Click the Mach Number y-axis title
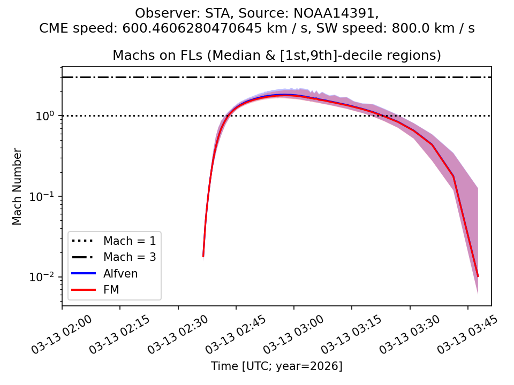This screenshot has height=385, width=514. click(x=18, y=186)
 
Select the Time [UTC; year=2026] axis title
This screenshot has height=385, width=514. click(x=276, y=366)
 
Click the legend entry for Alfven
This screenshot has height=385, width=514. click(x=120, y=274)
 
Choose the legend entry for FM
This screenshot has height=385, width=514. click(x=111, y=290)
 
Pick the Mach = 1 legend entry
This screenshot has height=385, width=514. click(x=130, y=241)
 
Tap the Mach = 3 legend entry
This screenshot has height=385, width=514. click(x=130, y=257)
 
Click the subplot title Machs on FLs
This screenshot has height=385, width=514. click(x=276, y=56)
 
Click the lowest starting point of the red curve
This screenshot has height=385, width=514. click(x=203, y=256)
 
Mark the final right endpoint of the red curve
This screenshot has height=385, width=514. click(x=478, y=276)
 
